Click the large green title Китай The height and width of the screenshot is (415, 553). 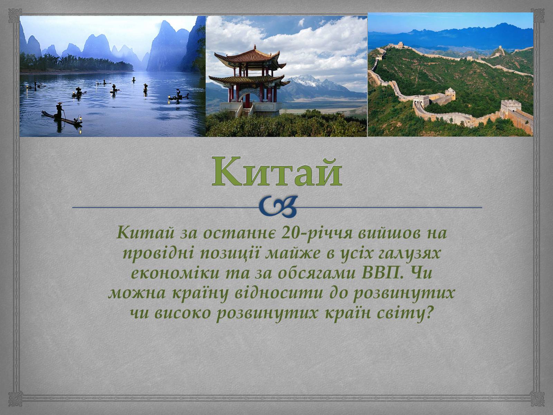[x=276, y=172]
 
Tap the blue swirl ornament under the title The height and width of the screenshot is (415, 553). [x=278, y=207]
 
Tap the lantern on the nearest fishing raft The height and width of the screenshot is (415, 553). [x=80, y=118]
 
